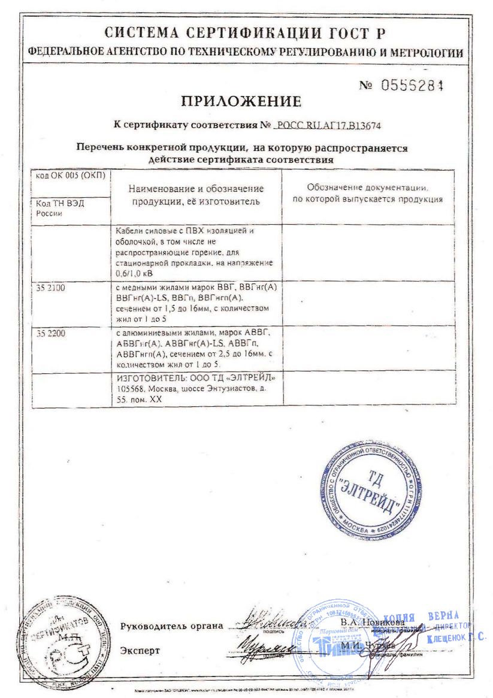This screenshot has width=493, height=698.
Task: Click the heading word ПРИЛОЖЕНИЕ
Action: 241,101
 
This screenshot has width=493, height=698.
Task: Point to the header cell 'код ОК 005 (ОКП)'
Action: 70,175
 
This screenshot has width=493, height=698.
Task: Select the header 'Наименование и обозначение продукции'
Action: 196,195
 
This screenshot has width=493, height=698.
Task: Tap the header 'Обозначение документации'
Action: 367,188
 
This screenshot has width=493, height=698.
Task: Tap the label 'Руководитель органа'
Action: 171,626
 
